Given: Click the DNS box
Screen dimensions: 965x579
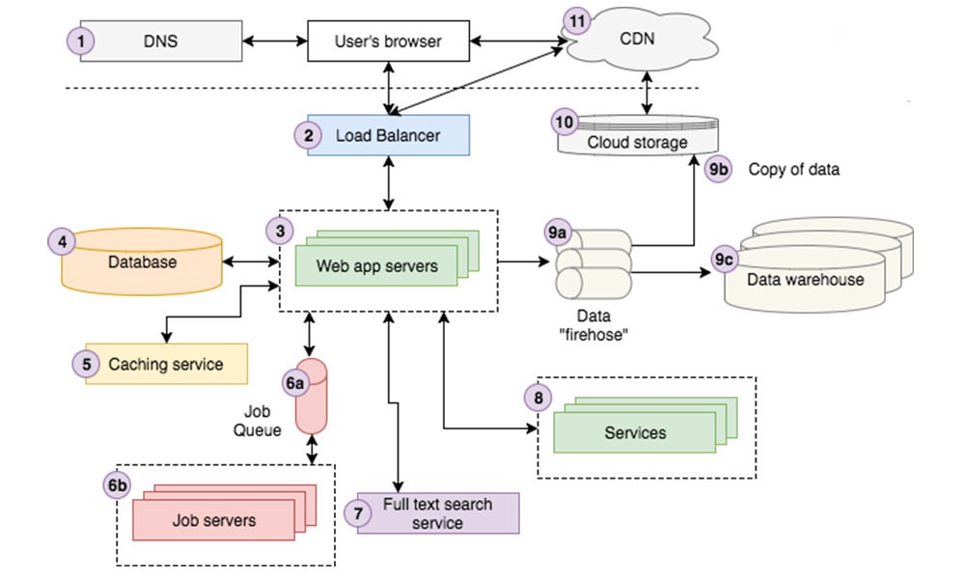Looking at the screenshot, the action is pos(161,41).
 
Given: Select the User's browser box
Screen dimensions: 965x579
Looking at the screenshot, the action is pos(388,41).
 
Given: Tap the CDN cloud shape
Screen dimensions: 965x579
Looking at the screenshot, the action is pos(640,40).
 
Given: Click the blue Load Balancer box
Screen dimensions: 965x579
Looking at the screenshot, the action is pos(388,135).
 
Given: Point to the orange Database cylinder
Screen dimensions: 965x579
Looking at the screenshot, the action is pos(142,262).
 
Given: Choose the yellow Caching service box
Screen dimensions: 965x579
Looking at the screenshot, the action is pos(166,364).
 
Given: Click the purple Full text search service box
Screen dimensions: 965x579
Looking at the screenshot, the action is pos(438,513).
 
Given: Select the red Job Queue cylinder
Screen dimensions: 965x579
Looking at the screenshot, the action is pos(312,397).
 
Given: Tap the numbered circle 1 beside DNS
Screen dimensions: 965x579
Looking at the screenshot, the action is pos(81,41).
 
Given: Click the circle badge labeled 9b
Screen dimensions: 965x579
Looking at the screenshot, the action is pos(718,169).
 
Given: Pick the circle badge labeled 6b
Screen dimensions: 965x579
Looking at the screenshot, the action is pos(117,485).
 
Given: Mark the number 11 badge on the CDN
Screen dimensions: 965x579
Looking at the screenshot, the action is pos(577,22).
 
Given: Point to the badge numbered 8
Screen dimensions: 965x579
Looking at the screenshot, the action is pos(538,398).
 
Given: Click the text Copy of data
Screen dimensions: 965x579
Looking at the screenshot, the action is pos(794,169).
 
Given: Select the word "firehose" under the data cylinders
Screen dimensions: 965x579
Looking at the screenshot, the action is pos(593,336).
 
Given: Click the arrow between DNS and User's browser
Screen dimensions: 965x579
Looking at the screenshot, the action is pos(275,41).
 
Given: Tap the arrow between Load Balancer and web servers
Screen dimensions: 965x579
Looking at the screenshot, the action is pos(388,182).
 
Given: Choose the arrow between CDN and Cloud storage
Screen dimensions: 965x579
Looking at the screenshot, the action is pos(647,93).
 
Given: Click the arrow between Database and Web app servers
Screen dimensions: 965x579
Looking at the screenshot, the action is pos(251,262).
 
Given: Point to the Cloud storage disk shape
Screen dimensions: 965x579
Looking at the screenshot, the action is pos(638,135).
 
